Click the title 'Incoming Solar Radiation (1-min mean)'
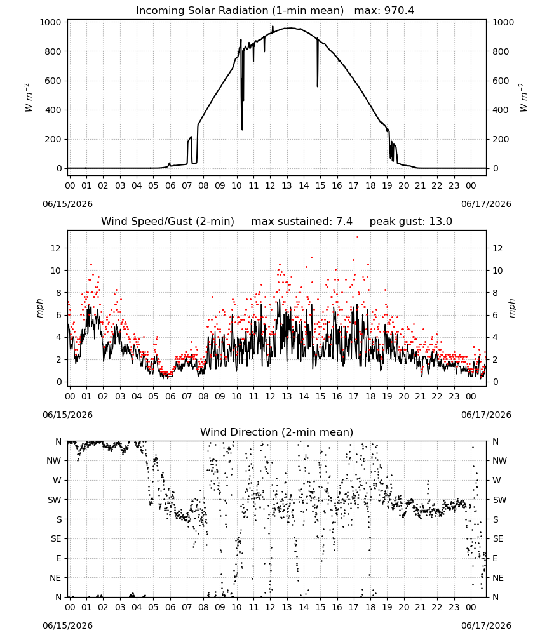240,11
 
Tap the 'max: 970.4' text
384,11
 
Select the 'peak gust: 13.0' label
411,222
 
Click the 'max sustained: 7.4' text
302,222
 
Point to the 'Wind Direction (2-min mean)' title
277,432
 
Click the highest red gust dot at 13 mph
357,237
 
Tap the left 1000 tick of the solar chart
51,22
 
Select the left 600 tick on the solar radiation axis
53,81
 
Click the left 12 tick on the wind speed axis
56,248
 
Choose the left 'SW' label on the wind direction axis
55,500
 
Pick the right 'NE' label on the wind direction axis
498,578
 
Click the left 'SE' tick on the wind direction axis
56,538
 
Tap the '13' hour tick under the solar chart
287,185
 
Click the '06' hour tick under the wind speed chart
170,396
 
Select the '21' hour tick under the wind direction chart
420,607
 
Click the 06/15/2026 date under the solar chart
67,204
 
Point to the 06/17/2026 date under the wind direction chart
486,625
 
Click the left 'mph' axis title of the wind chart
39,308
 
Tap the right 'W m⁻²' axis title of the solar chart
523,97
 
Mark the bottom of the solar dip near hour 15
318,86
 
